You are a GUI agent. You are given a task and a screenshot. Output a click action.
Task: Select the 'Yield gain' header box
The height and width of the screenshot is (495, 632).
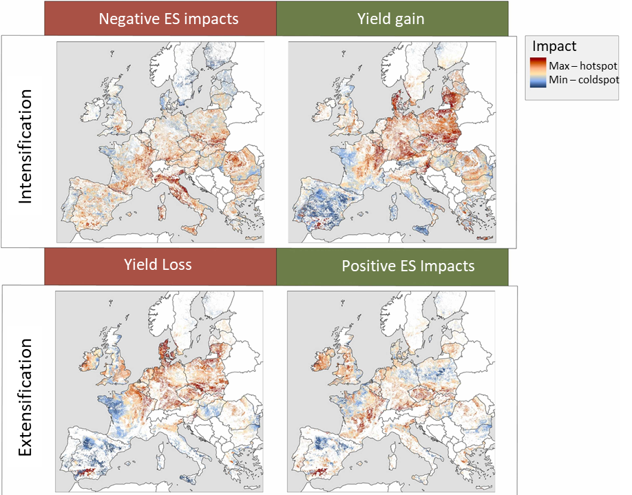(x=392, y=19)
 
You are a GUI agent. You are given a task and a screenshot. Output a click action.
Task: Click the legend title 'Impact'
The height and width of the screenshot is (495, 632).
(x=554, y=47)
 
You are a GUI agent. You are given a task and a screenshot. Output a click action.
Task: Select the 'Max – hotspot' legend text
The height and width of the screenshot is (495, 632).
(x=582, y=67)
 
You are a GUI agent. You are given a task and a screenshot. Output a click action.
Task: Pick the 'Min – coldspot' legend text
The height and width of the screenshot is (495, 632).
(x=583, y=80)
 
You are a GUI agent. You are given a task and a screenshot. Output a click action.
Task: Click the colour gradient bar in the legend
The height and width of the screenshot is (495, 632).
(x=538, y=73)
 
